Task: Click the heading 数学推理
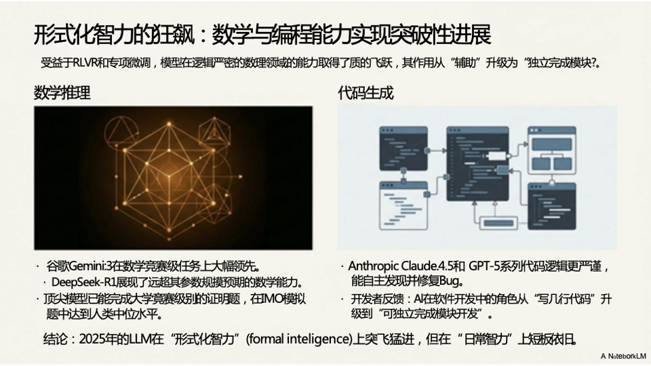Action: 62,93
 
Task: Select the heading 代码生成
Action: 366,93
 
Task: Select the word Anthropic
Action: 376,266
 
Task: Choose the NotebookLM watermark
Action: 623,355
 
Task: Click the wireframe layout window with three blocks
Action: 553,150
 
